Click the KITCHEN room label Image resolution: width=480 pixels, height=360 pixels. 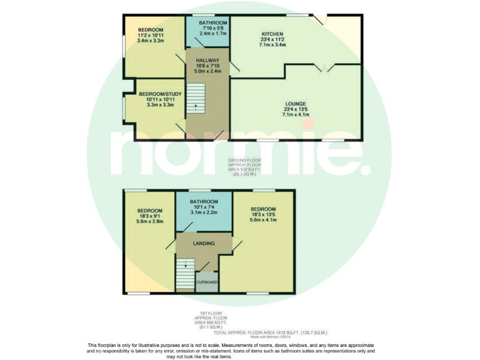[x=272, y=34]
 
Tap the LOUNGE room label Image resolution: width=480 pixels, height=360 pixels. [x=295, y=103]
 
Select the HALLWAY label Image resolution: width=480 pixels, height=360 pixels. [x=207, y=60]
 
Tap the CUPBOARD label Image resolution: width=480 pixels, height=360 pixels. [x=207, y=282]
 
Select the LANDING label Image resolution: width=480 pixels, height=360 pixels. [x=204, y=243]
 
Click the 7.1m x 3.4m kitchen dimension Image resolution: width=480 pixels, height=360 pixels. [x=273, y=45]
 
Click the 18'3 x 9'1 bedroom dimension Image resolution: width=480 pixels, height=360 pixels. [x=151, y=216]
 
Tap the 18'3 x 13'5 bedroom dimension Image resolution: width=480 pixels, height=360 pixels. [x=262, y=214]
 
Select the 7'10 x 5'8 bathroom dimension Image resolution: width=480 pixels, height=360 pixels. [x=208, y=28]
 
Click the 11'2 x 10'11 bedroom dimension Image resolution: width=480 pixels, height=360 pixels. [x=151, y=36]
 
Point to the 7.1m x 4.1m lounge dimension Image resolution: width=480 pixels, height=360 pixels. [x=295, y=114]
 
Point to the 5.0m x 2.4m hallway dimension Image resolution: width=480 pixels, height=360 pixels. [x=207, y=71]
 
